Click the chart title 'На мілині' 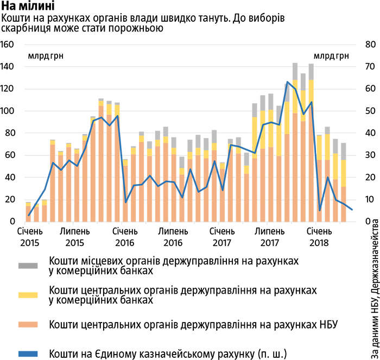click(28, 7)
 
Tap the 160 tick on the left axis click(10, 44)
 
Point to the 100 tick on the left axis click(10, 111)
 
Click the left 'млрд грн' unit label click(42, 56)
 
